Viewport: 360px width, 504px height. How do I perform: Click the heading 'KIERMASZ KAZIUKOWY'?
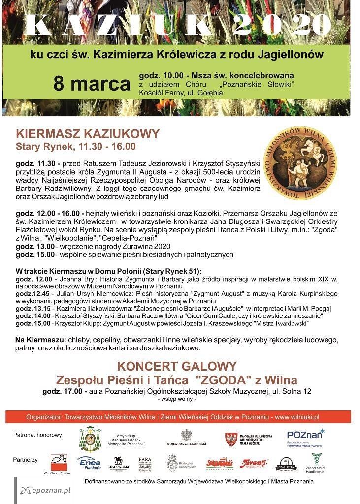(88, 134)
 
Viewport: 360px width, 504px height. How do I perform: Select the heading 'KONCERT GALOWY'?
(177, 366)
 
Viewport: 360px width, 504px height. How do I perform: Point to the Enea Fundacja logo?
(89, 463)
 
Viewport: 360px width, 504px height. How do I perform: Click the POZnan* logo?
(305, 436)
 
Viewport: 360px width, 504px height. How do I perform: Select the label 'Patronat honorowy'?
(37, 435)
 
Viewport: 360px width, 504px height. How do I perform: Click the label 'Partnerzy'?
(25, 460)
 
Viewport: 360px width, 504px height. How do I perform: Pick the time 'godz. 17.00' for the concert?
(64, 391)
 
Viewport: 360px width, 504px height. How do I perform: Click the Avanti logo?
(254, 463)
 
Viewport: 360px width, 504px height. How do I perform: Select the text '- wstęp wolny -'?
(177, 399)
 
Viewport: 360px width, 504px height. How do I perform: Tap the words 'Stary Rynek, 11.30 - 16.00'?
(76, 147)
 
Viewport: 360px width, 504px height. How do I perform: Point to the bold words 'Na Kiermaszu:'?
(40, 340)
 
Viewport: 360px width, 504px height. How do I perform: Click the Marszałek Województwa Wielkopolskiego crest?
(231, 439)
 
